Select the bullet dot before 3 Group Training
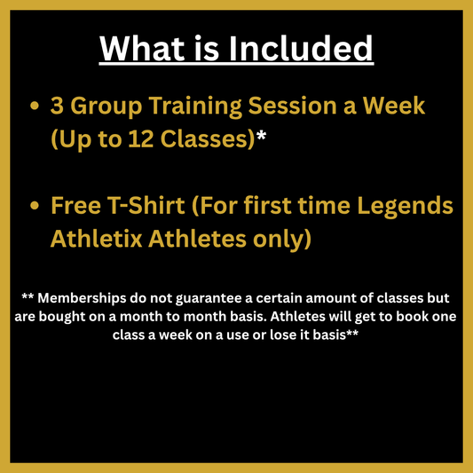point(35,106)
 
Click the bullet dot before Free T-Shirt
point(35,206)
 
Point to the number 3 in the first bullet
point(57,106)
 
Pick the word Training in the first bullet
point(211,106)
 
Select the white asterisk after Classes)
point(262,136)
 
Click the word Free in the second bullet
point(75,206)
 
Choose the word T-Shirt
point(146,206)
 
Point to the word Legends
point(407,206)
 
